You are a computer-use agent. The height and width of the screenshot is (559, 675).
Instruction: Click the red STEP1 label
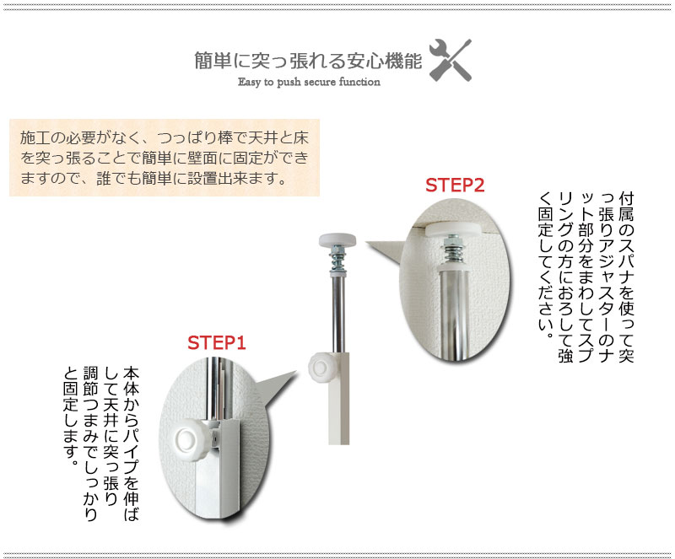[217, 343]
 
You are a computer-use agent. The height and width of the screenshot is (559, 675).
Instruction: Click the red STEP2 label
[455, 185]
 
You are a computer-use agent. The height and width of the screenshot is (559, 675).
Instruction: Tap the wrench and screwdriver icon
[451, 60]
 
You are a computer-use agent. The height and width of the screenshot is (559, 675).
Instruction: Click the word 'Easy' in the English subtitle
[248, 82]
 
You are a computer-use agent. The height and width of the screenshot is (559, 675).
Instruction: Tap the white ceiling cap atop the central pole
[337, 240]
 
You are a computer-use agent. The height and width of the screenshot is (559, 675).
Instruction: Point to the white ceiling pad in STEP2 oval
[453, 228]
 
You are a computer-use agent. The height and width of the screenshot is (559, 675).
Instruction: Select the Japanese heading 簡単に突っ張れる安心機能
[308, 61]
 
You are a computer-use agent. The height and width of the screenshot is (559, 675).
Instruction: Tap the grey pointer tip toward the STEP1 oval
[297, 370]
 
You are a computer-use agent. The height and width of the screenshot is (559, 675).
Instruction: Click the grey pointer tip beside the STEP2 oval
[366, 242]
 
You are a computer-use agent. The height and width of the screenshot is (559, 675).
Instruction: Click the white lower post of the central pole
[339, 399]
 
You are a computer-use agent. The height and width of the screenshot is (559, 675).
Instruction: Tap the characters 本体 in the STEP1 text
[132, 381]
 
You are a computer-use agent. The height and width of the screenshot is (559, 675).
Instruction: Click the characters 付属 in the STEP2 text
[626, 207]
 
